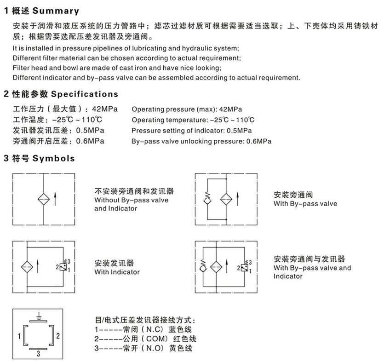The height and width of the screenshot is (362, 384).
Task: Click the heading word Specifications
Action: [84, 94]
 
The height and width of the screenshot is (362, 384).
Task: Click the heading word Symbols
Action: [53, 159]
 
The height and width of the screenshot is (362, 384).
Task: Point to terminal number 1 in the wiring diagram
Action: [19, 336]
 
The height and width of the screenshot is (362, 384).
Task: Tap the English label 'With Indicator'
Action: [117, 272]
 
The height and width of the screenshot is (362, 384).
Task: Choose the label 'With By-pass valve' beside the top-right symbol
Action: [305, 203]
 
